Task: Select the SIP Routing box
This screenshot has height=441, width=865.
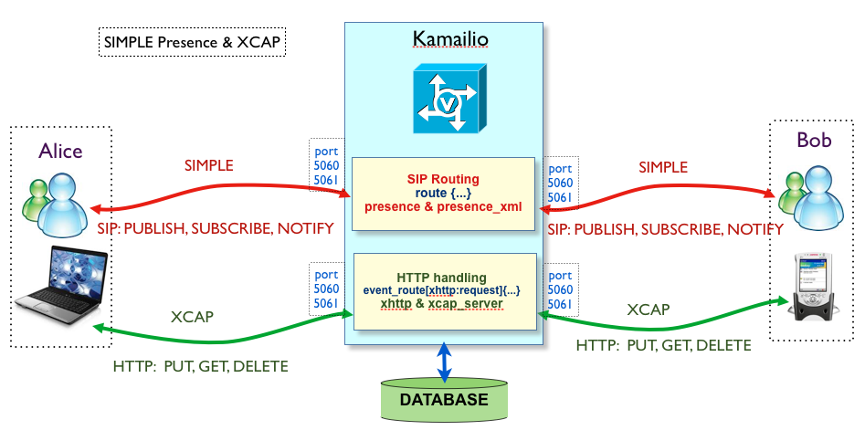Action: (x=443, y=192)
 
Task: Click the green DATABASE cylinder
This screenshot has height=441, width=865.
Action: (x=443, y=400)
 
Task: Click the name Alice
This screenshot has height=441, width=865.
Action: (x=60, y=151)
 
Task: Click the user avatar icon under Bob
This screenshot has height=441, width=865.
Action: (x=814, y=196)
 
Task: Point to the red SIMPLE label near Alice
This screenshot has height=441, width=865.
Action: (x=209, y=166)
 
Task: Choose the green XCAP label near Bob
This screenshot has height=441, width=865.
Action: (x=648, y=310)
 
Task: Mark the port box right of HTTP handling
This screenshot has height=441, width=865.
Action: (x=560, y=289)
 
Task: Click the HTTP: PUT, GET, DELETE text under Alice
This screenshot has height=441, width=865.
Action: (x=200, y=367)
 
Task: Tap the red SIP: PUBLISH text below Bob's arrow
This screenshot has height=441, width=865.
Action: (x=665, y=229)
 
